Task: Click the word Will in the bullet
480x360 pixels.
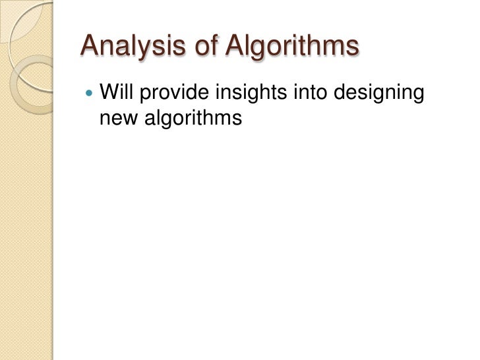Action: click(116, 94)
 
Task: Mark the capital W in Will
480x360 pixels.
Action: click(107, 94)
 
